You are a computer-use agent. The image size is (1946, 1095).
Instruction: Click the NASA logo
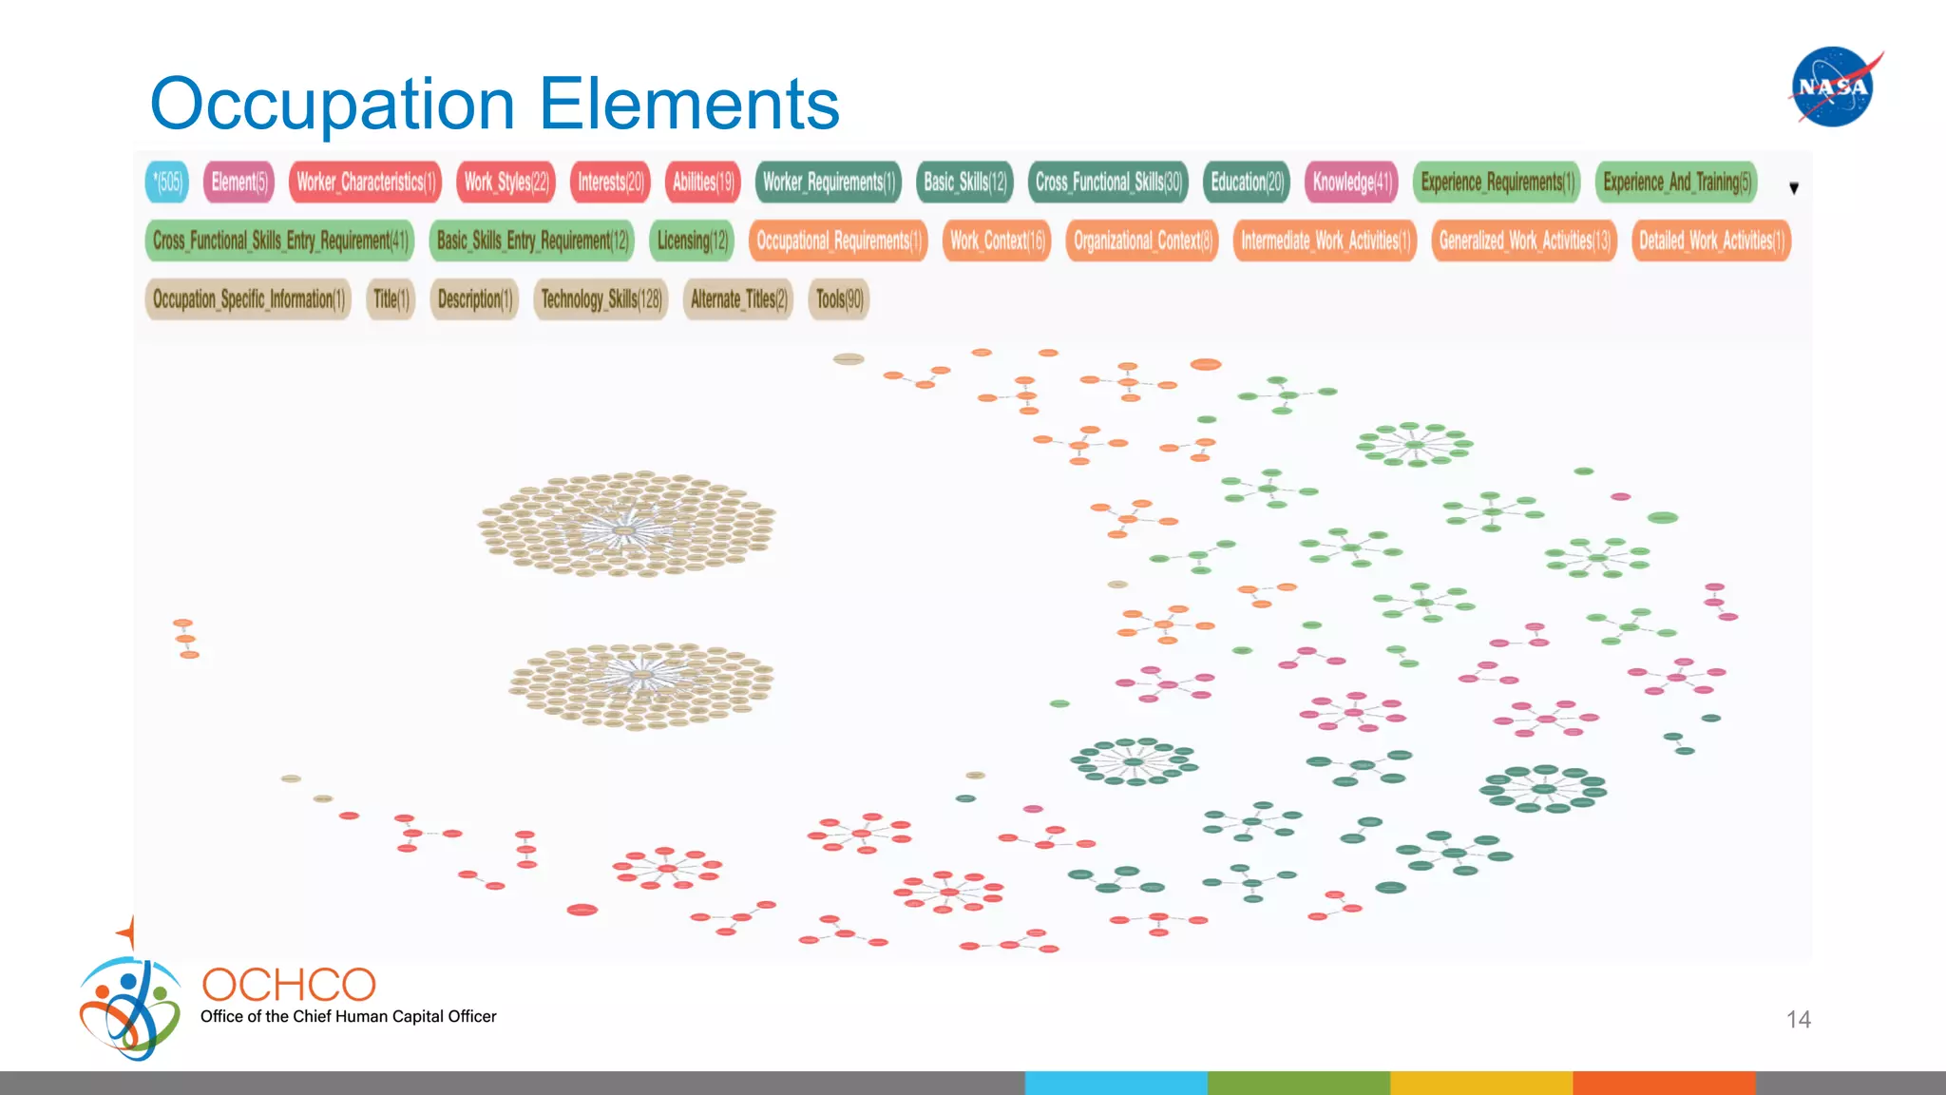pyautogui.click(x=1834, y=86)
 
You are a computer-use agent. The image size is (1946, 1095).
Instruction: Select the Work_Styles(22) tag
pyautogui.click(x=506, y=182)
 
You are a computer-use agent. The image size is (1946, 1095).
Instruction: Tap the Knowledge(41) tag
pyautogui.click(x=1351, y=182)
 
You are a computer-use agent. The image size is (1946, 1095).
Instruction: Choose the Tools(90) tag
pyautogui.click(x=839, y=299)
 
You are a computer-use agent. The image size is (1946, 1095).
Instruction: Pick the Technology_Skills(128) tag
pyautogui.click(x=601, y=299)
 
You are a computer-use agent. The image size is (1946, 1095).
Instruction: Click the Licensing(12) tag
pyautogui.click(x=692, y=240)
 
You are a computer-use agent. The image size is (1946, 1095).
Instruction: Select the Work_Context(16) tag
pyautogui.click(x=997, y=240)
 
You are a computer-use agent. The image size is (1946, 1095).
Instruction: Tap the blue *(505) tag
pyautogui.click(x=167, y=182)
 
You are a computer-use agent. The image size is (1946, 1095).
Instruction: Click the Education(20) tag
pyautogui.click(x=1247, y=182)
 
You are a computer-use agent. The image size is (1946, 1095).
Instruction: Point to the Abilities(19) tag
pyautogui.click(x=703, y=182)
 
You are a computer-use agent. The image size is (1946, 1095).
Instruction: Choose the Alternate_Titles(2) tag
pyautogui.click(x=738, y=299)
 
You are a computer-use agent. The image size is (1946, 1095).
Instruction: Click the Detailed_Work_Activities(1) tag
pyautogui.click(x=1710, y=240)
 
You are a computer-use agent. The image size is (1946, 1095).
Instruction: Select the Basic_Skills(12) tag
pyautogui.click(x=964, y=182)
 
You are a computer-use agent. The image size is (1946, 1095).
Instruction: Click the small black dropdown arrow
pyautogui.click(x=1794, y=188)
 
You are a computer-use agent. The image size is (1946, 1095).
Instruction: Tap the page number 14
pyautogui.click(x=1798, y=1019)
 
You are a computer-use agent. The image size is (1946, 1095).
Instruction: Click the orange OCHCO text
pyautogui.click(x=289, y=985)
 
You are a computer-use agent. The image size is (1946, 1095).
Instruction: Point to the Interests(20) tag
pyautogui.click(x=610, y=182)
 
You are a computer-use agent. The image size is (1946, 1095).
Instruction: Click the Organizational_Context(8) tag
pyautogui.click(x=1142, y=240)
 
